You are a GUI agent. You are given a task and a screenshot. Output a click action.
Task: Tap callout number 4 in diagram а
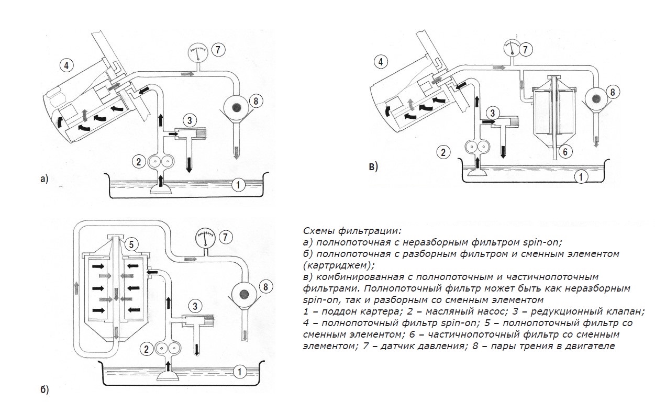point(66,66)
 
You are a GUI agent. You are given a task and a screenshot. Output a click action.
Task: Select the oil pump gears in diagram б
point(165,349)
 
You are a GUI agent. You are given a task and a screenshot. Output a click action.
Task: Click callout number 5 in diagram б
point(132,243)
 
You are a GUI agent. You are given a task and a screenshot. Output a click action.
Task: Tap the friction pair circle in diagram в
point(595,98)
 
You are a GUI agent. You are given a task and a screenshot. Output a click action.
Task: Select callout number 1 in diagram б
point(239,373)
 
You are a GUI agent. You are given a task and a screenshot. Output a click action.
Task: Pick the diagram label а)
point(44,180)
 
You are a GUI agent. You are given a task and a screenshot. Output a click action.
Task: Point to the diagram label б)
point(44,390)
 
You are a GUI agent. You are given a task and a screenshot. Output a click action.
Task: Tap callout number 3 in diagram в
point(492,112)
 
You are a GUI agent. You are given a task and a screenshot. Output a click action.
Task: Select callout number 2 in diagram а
point(139,162)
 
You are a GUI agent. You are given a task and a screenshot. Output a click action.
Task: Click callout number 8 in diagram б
point(265,287)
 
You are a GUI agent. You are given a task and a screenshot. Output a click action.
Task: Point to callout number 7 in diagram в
point(527,50)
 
